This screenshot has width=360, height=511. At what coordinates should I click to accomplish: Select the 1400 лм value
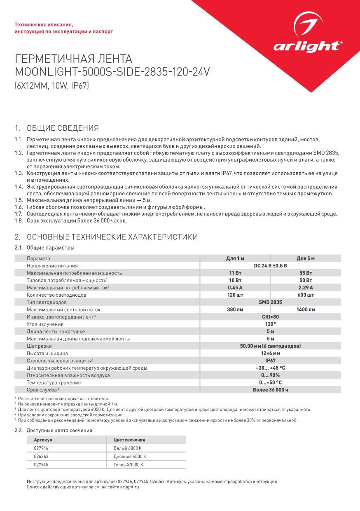(x=306, y=309)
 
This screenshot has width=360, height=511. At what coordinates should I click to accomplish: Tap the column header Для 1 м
(x=235, y=258)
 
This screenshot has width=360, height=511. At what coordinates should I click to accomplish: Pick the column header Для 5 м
(x=306, y=258)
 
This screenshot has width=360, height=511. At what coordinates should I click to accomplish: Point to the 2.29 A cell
(x=306, y=288)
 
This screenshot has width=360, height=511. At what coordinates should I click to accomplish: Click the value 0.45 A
(x=235, y=288)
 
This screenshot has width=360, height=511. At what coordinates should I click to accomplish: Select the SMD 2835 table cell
(x=270, y=302)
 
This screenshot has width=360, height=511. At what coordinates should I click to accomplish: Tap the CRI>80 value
(x=270, y=317)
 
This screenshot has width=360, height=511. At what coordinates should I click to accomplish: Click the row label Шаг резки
(x=39, y=346)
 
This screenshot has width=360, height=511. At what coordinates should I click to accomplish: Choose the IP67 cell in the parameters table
(x=270, y=361)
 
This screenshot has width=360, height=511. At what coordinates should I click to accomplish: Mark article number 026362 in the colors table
(x=41, y=457)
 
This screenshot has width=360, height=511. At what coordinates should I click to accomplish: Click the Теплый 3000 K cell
(x=128, y=465)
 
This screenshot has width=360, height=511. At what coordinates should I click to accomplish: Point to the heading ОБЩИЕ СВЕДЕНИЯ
(x=63, y=128)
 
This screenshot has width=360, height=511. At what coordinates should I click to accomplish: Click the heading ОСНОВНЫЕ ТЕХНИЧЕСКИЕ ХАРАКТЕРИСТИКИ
(x=112, y=237)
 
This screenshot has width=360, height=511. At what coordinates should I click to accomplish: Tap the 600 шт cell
(x=306, y=295)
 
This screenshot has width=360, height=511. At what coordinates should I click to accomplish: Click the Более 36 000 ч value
(x=270, y=390)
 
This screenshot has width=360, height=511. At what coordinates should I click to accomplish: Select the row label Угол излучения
(x=45, y=324)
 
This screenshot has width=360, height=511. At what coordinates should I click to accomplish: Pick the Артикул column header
(x=43, y=440)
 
